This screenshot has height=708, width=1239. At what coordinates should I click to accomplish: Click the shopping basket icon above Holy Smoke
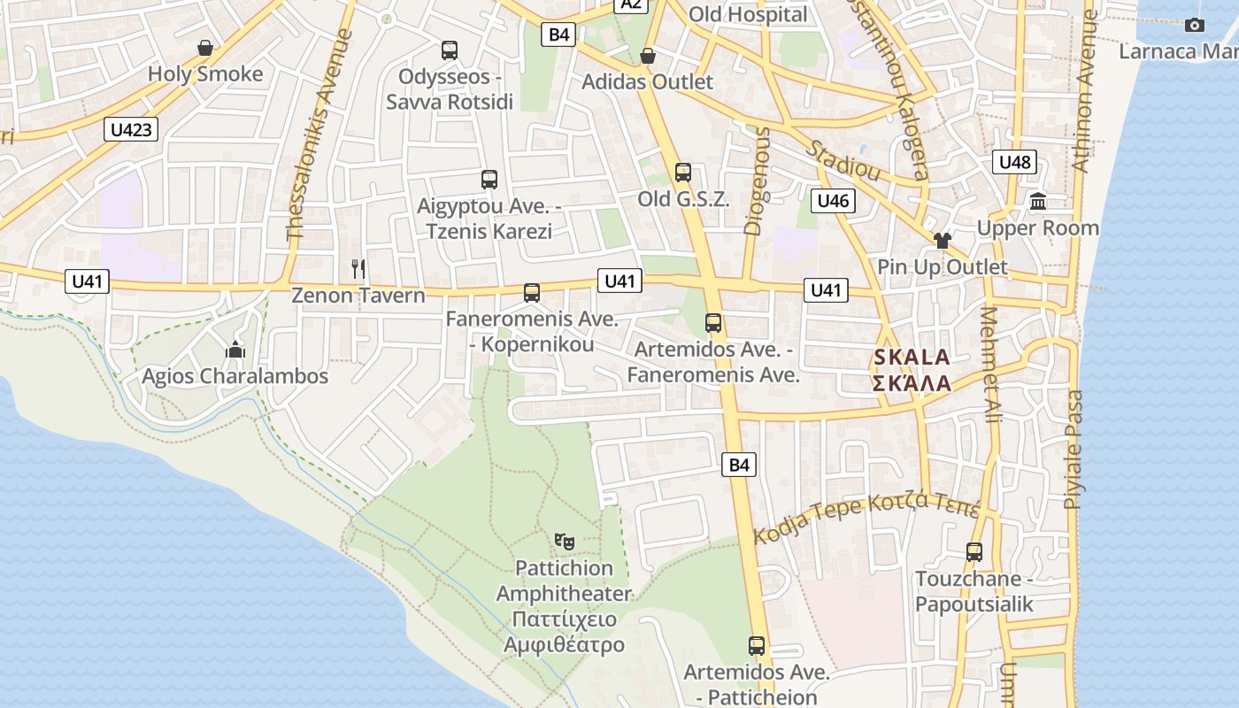205,48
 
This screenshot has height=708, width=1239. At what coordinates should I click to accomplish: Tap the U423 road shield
131,130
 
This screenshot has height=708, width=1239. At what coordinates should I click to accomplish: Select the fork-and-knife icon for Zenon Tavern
358,268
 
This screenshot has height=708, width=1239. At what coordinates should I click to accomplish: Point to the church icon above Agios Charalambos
235,350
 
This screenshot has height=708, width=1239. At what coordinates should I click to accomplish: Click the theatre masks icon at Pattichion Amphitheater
564,541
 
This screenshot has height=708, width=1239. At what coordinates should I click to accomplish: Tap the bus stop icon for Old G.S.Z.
683,173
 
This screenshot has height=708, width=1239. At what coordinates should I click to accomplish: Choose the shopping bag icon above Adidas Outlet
648,56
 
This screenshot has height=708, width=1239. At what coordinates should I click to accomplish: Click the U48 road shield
1014,162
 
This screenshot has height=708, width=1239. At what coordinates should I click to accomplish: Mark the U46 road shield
833,201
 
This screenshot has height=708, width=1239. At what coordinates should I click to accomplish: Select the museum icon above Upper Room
1038,202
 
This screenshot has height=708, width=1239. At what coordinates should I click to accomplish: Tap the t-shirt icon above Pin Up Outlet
942,240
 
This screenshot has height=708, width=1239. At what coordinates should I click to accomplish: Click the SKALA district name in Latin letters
912,358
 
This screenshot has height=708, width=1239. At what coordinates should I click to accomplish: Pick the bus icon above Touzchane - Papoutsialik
974,552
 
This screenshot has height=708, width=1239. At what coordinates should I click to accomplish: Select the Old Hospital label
748,14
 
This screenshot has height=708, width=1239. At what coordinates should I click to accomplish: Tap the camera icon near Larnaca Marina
1195,25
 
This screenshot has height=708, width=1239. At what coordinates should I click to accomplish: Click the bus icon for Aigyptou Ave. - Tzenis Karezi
489,180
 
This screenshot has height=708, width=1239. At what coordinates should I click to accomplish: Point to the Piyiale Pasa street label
1074,450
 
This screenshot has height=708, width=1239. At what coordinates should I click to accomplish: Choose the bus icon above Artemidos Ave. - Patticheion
757,646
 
